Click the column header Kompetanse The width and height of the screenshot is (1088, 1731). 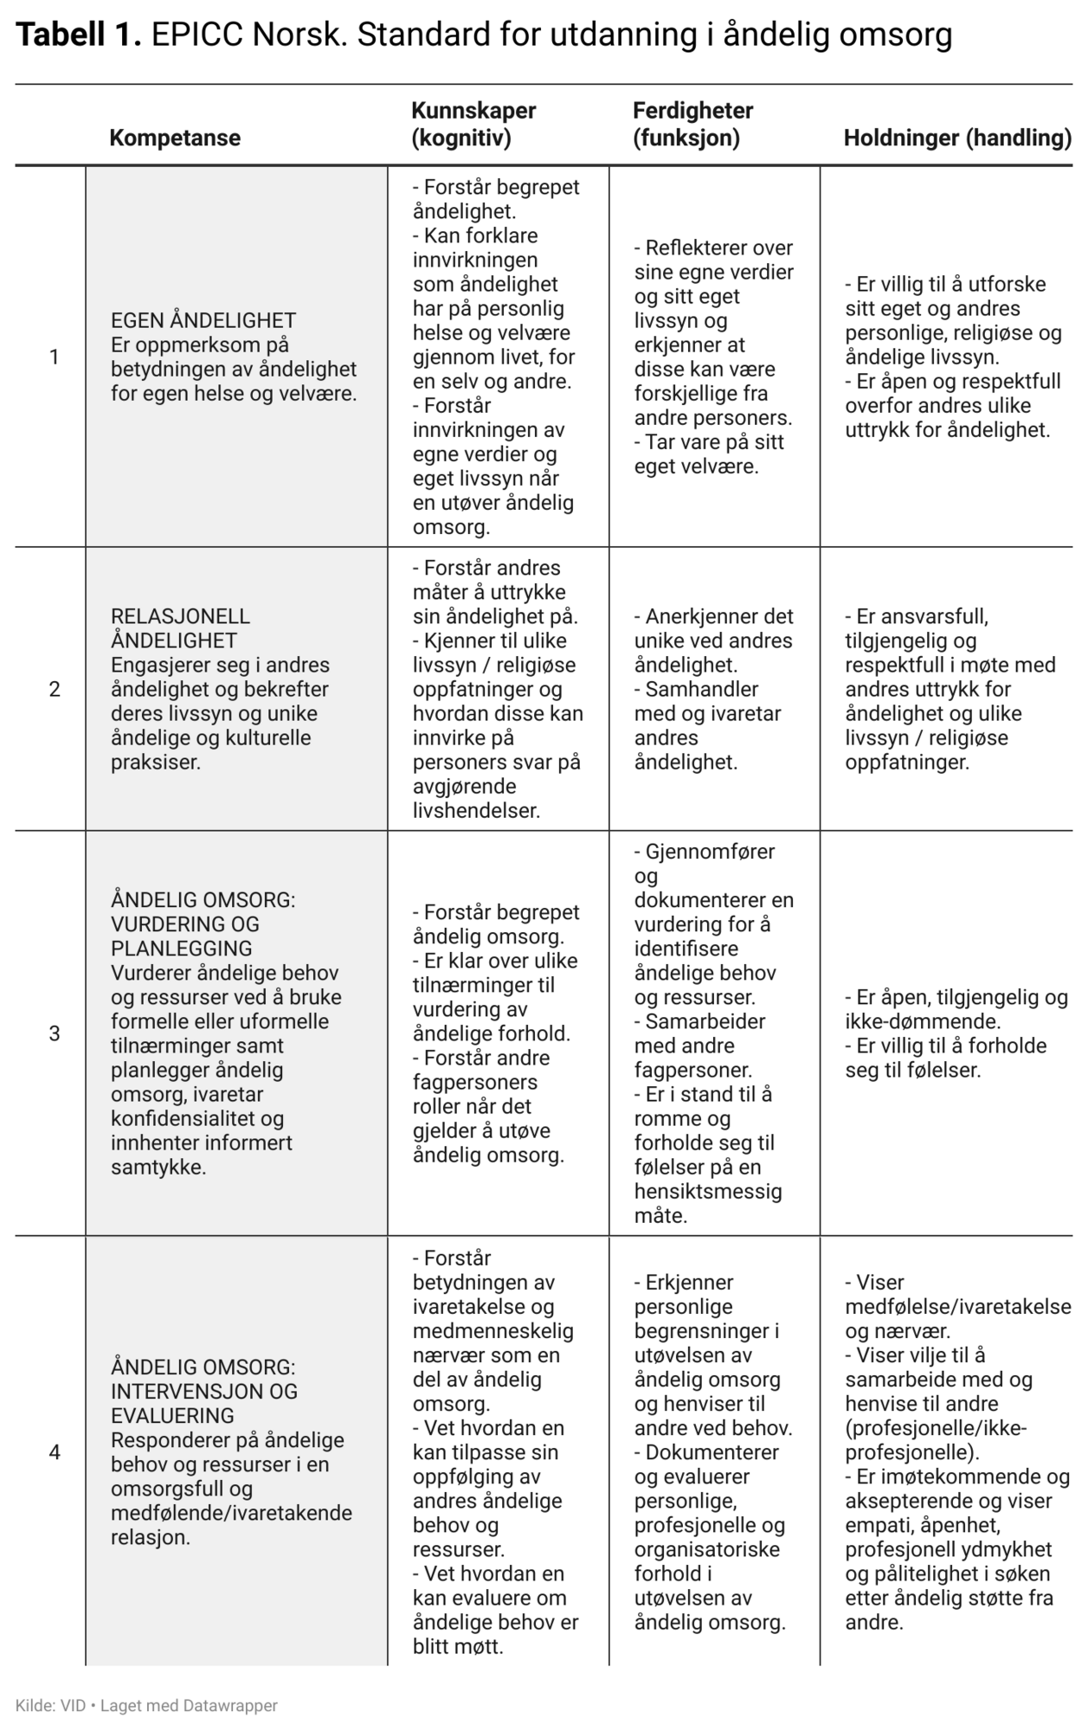[175, 138]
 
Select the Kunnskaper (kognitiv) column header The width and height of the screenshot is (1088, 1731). [473, 125]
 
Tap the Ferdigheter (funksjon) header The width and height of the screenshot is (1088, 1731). [692, 125]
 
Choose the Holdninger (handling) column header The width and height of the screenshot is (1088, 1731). [957, 138]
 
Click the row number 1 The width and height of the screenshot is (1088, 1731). [55, 357]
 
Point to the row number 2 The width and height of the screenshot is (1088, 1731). [55, 689]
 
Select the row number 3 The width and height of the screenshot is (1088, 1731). [55, 1033]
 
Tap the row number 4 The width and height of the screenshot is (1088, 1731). [55, 1452]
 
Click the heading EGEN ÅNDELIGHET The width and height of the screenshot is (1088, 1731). [203, 320]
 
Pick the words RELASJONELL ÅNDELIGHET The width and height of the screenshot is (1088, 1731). [180, 628]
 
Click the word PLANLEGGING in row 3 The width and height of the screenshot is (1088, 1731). [182, 949]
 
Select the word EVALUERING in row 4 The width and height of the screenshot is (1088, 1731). [172, 1416]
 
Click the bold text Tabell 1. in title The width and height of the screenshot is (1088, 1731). [78, 35]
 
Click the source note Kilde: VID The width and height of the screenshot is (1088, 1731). [50, 1706]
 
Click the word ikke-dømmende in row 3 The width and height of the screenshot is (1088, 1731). [921, 1021]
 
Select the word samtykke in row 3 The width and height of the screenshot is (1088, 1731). [156, 1167]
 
